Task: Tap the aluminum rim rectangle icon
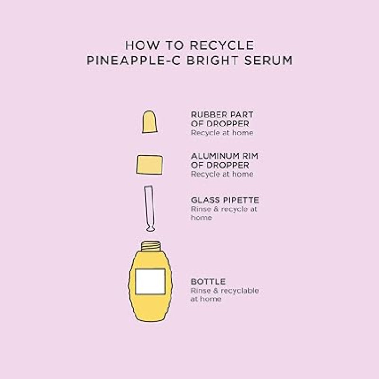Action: point(150,164)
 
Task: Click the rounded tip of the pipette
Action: point(151,229)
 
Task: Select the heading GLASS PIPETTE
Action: point(218,200)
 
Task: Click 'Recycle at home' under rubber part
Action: point(222,133)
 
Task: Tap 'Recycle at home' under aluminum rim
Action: point(222,174)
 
